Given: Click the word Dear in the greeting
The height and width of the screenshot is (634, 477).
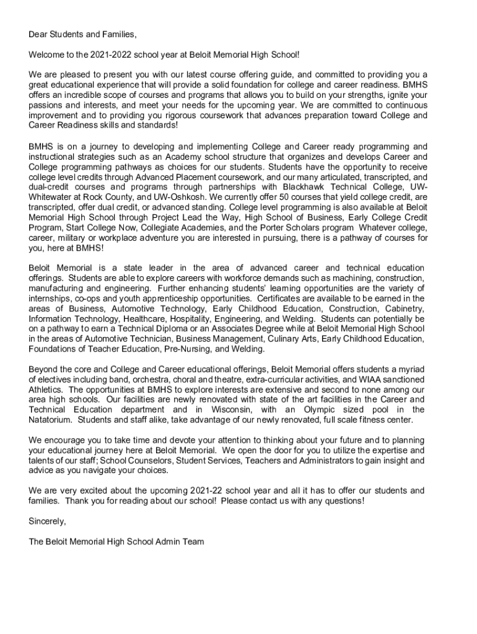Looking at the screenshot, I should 39,34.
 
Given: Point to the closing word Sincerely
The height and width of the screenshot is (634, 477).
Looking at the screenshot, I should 47,521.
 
